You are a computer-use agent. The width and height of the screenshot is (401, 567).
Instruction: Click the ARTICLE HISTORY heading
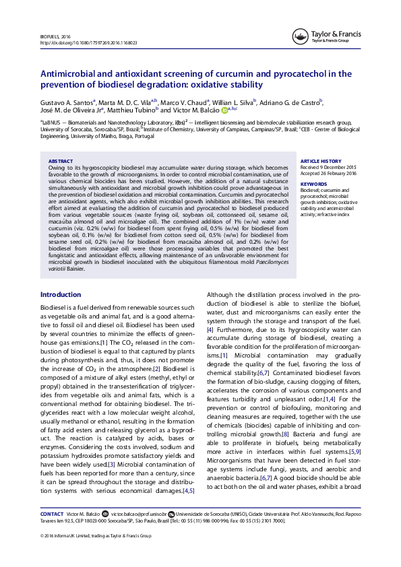320,162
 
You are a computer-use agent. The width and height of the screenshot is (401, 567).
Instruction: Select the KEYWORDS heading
313,183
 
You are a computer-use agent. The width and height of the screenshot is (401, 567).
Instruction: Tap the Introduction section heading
61,294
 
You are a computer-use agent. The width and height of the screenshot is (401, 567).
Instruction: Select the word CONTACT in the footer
52,514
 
